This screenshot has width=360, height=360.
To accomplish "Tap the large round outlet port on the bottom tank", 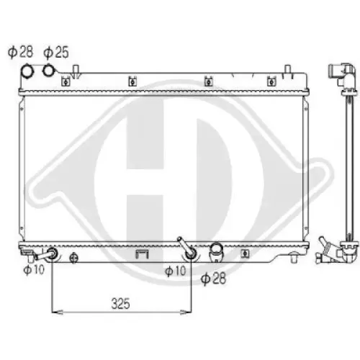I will pyautogui.click(x=215, y=253).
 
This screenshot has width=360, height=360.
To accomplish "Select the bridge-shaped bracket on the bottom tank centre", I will pyautogui.click(x=141, y=254).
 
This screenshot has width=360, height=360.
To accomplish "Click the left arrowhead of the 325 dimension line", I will pyautogui.click(x=57, y=312).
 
